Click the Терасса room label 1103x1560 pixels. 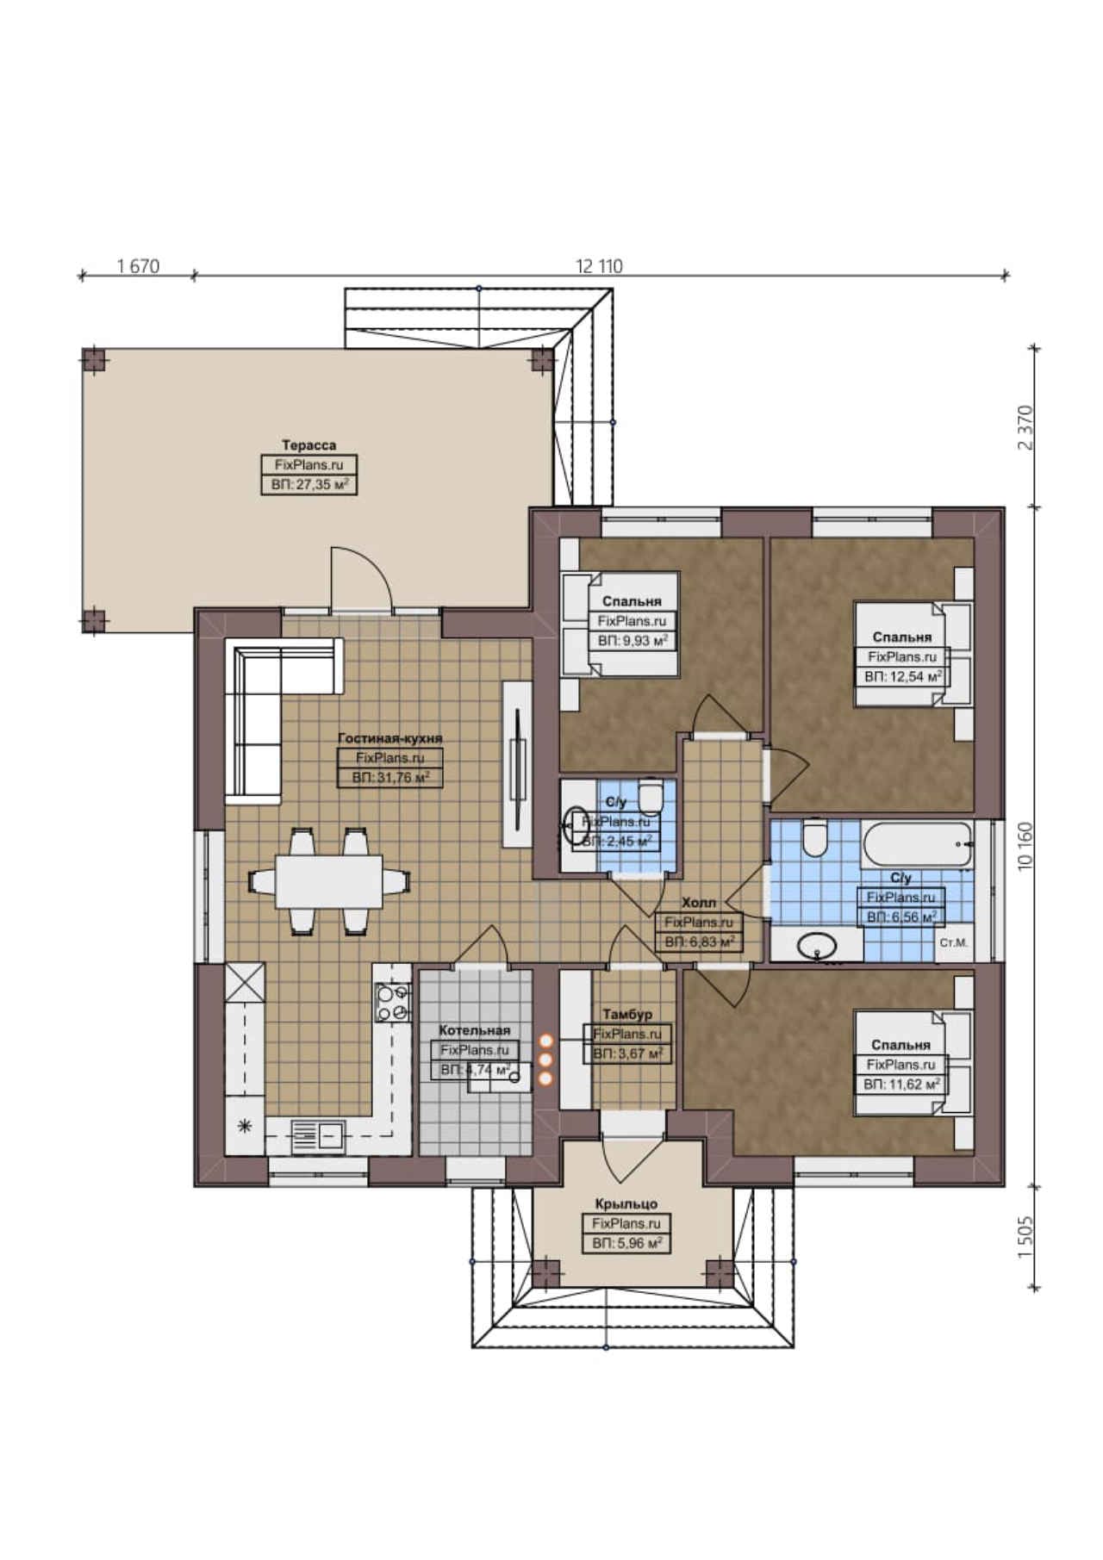(x=308, y=444)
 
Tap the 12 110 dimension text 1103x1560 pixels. (x=599, y=266)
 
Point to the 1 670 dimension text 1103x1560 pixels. (x=139, y=266)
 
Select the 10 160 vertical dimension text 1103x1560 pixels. (x=1025, y=846)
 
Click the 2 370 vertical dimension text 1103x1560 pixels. (x=1025, y=427)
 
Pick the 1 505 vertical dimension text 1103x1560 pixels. (x=1025, y=1237)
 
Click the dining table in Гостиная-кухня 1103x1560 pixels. (x=328, y=880)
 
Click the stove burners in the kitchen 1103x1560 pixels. (x=392, y=1003)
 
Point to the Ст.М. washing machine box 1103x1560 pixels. (x=954, y=943)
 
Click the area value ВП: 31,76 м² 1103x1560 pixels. (x=390, y=777)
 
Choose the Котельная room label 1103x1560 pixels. (x=475, y=1030)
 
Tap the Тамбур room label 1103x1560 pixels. (x=627, y=1014)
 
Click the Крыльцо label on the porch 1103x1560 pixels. (x=626, y=1204)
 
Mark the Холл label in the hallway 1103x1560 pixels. (x=699, y=903)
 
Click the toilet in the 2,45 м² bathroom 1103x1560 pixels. (x=650, y=796)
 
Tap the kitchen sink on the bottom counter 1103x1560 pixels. (x=318, y=1134)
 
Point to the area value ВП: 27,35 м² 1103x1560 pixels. (x=309, y=485)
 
